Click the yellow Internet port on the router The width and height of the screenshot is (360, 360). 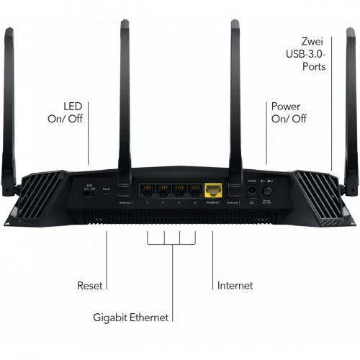point(213,191)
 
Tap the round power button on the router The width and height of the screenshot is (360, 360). point(269,192)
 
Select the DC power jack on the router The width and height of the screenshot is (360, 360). point(252,192)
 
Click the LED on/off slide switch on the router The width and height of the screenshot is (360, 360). point(90,192)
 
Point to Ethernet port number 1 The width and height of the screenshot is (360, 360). point(148,191)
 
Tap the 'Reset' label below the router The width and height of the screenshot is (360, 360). point(90,286)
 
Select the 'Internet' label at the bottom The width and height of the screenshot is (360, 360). point(235,286)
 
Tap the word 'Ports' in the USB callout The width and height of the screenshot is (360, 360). point(314,67)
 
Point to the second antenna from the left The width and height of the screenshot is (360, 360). point(125,101)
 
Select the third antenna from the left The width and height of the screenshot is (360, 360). point(235,101)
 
